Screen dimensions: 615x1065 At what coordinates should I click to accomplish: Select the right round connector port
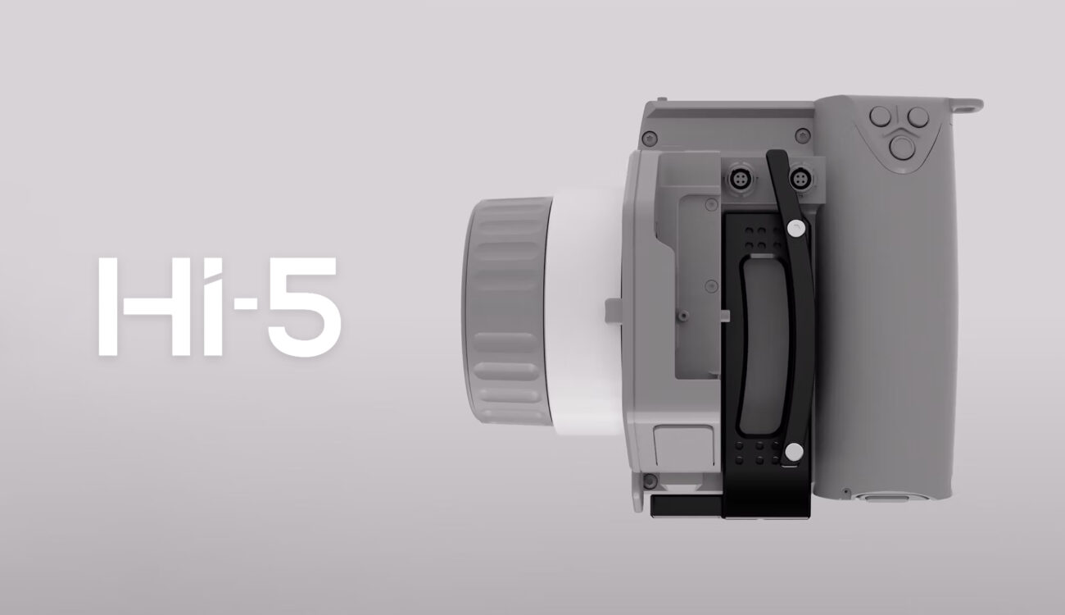798,178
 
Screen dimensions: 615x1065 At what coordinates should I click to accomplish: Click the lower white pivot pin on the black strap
792,450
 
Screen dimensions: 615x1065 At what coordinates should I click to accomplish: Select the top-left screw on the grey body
649,137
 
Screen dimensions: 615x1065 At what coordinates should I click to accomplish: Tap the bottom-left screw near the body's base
650,480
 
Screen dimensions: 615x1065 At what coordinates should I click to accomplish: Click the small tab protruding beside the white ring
612,311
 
